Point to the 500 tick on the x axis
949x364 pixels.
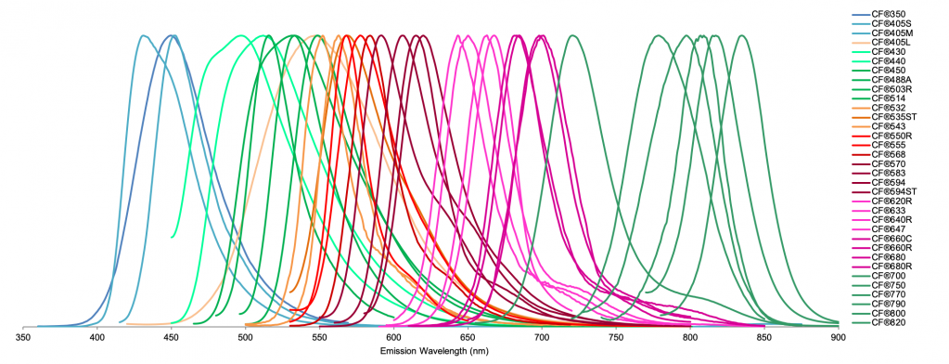[246, 339]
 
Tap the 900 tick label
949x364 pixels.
[839, 339]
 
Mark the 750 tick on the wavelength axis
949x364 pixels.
[616, 339]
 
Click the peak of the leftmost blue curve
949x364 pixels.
[143, 36]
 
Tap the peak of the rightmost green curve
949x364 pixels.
[742, 36]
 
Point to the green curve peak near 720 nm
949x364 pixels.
[573, 36]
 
